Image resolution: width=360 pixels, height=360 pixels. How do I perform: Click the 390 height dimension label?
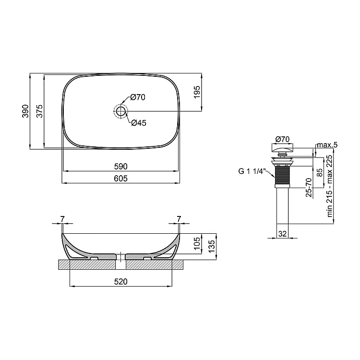click(x=25, y=111)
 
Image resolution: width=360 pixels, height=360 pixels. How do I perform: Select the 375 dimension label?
click(x=39, y=111)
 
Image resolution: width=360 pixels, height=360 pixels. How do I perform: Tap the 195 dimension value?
click(x=197, y=92)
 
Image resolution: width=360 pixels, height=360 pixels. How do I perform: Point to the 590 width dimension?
click(x=121, y=167)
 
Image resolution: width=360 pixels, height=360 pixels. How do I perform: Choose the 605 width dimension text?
click(x=121, y=179)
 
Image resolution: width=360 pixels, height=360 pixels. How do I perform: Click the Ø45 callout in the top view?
click(x=139, y=123)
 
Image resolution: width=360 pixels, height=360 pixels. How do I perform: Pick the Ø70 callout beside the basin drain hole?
click(x=138, y=97)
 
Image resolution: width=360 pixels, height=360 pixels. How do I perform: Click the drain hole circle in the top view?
click(x=120, y=111)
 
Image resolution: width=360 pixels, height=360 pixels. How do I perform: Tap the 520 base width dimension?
click(x=121, y=281)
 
